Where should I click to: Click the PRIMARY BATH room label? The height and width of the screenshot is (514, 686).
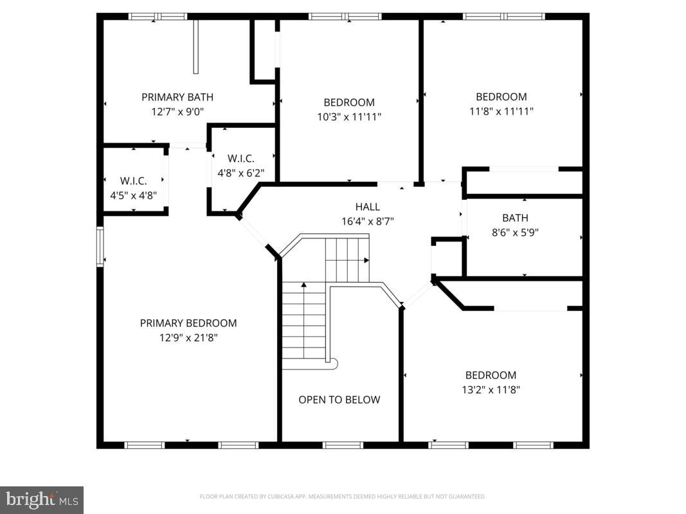tap(177, 97)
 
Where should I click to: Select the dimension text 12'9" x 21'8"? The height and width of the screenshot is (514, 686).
tap(188, 337)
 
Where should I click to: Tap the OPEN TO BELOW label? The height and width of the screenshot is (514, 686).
tap(339, 400)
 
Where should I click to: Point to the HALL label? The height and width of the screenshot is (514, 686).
tap(368, 207)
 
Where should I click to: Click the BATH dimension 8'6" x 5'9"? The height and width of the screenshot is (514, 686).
tap(515, 233)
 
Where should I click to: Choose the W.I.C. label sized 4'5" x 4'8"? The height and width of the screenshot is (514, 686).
tap(134, 181)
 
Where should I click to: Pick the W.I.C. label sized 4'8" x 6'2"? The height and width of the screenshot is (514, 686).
tap(241, 159)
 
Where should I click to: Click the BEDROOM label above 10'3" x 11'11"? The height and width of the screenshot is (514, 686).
tap(349, 102)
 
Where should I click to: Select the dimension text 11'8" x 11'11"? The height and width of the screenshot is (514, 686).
tap(501, 111)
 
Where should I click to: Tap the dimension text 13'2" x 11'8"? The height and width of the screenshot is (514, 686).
tap(491, 389)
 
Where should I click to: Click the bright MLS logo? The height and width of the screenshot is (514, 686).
tap(42, 499)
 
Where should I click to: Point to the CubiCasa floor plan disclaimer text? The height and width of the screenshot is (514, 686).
tap(343, 497)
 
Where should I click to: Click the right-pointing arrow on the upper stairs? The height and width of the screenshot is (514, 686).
tap(366, 260)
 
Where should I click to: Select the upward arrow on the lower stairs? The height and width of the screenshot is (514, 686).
tap(303, 284)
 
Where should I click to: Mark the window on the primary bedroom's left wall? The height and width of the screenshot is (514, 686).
tap(100, 247)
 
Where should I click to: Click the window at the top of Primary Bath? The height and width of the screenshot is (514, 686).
tap(158, 17)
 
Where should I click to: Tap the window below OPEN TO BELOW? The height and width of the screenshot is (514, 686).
tap(343, 445)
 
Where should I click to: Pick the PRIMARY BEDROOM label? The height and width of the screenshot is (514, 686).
tap(188, 323)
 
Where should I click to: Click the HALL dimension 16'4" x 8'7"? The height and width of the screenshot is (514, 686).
tap(368, 221)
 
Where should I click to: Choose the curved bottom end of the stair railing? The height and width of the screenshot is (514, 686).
tap(332, 364)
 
